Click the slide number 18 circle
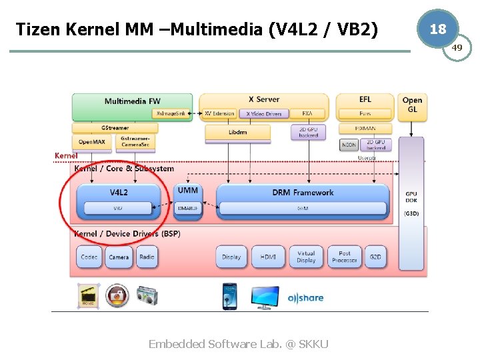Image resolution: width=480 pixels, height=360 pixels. pyautogui.click(x=437, y=29)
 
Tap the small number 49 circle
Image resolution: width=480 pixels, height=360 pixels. pyautogui.click(x=457, y=47)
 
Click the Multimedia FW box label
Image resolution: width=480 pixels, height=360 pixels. pyautogui.click(x=132, y=101)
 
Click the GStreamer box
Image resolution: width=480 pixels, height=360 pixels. pyautogui.click(x=115, y=127)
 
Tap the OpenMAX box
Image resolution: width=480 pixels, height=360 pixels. pyautogui.click(x=91, y=142)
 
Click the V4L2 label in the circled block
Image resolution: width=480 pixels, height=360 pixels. pyautogui.click(x=119, y=192)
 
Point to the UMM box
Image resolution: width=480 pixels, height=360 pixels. pyautogui.click(x=187, y=191)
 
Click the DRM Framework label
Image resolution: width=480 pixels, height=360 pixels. pyautogui.click(x=303, y=193)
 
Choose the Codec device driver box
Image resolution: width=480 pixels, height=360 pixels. pyautogui.click(x=89, y=257)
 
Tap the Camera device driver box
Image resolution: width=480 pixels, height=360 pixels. pyautogui.click(x=119, y=257)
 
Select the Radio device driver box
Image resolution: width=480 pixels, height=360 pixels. pyautogui.click(x=147, y=257)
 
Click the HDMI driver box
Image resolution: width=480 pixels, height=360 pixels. pyautogui.click(x=268, y=257)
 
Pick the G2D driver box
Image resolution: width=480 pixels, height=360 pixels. pyautogui.click(x=375, y=257)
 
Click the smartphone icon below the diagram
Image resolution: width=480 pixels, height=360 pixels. pyautogui.click(x=229, y=297)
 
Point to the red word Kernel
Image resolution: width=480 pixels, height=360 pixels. pyautogui.click(x=66, y=156)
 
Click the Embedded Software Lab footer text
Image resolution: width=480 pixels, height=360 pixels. pyautogui.click(x=238, y=344)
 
